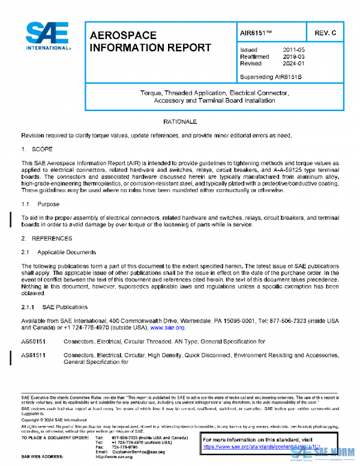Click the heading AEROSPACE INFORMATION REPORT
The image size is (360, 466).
tap(150, 41)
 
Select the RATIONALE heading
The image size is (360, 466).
tap(181, 122)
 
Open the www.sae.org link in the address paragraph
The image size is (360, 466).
tap(168, 328)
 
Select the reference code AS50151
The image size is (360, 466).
tap(34, 341)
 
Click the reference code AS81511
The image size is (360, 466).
tap(34, 356)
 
